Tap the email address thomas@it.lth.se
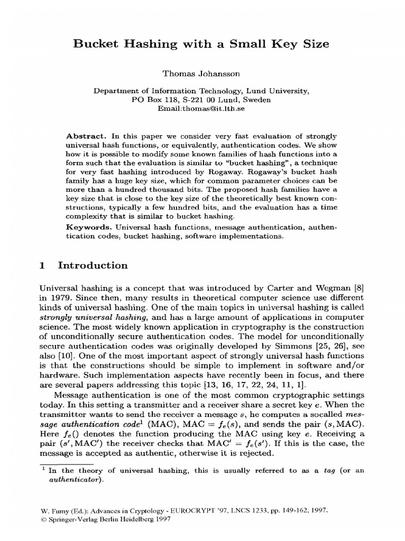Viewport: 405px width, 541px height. click(217, 108)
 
